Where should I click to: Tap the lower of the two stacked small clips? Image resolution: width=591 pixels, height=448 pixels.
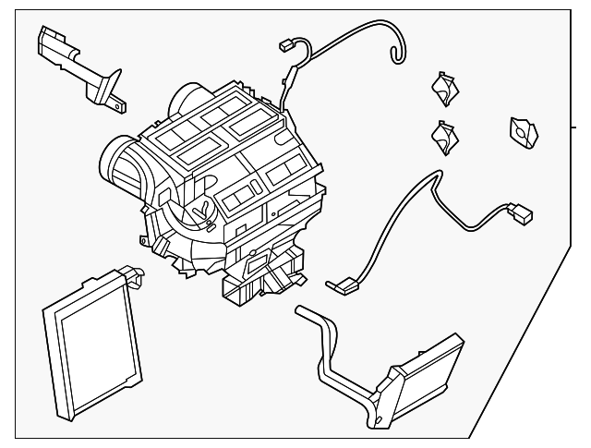point(444,139)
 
